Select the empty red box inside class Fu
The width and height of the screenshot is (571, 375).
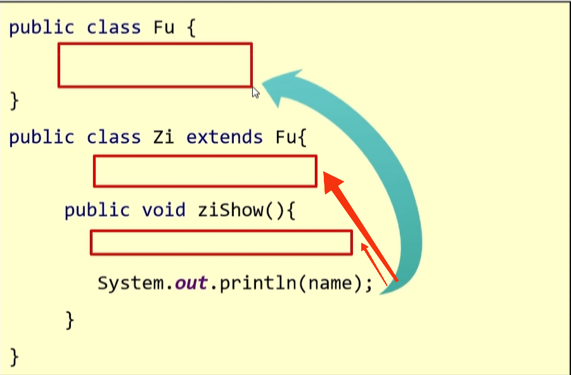tap(155, 65)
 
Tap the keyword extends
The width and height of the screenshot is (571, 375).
tap(224, 137)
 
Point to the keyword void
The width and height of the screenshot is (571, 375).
tap(164, 210)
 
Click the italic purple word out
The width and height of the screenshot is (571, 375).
tap(191, 282)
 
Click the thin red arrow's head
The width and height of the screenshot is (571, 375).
tap(364, 247)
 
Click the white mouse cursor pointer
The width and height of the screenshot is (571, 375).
tap(255, 93)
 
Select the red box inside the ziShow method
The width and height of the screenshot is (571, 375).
tap(221, 242)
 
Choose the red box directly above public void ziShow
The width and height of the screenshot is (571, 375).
tap(205, 171)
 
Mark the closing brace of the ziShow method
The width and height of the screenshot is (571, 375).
tap(70, 319)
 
